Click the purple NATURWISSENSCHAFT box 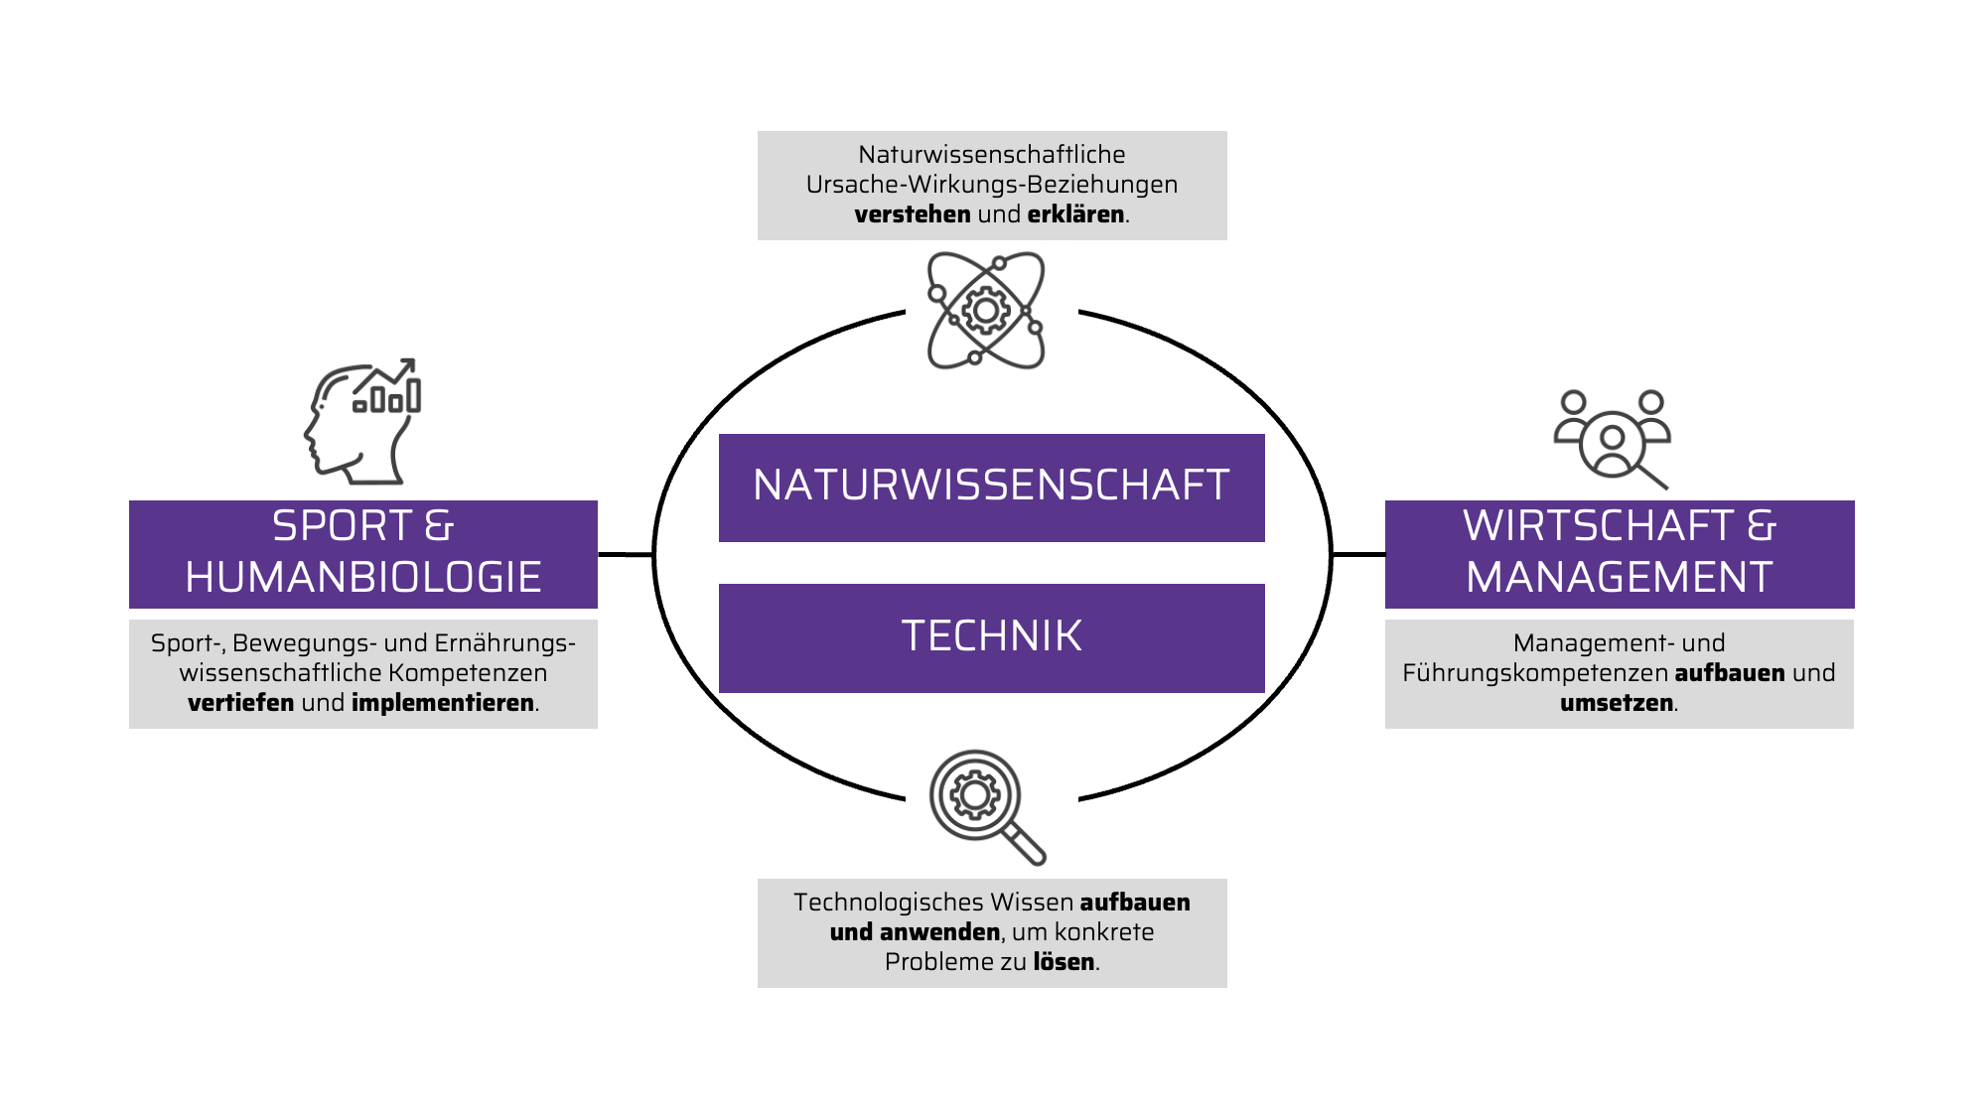[x=991, y=488]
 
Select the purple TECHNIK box [x=991, y=637]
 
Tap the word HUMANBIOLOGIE [x=363, y=578]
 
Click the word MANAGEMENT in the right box [x=1619, y=578]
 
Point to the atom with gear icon [x=985, y=311]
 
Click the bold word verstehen [x=912, y=214]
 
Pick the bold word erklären [x=1075, y=214]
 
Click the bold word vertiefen [x=240, y=703]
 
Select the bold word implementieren [x=442, y=703]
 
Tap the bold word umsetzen [x=1616, y=703]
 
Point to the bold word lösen [x=1064, y=962]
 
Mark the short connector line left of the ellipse [x=625, y=554]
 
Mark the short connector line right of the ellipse [x=1357, y=554]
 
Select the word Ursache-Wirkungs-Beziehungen [x=991, y=185]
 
